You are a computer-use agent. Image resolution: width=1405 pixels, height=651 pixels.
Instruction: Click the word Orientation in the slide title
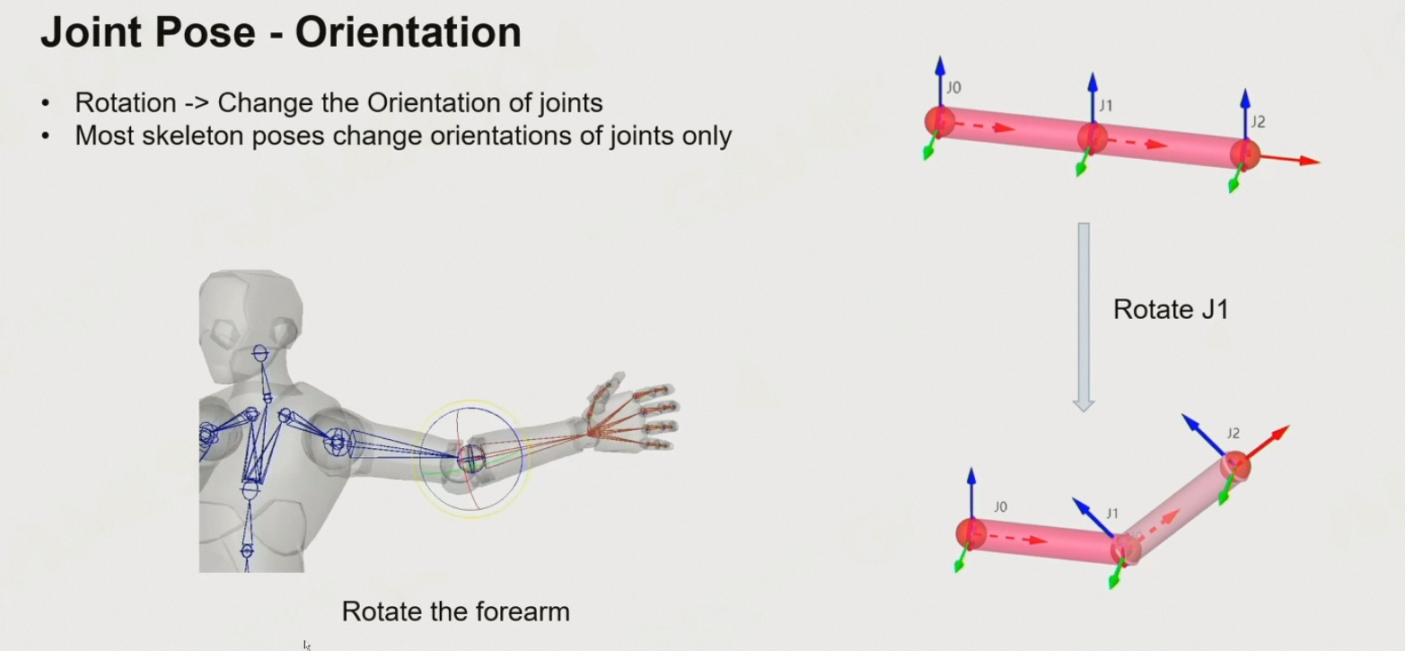[408, 33]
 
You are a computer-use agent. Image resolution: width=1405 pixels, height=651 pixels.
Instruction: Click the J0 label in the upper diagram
[953, 88]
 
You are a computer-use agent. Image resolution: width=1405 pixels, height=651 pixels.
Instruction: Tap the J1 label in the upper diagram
[1106, 106]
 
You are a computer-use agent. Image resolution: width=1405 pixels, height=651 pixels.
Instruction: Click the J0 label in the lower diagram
[1000, 507]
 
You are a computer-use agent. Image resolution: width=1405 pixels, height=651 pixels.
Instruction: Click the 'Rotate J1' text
[1170, 310]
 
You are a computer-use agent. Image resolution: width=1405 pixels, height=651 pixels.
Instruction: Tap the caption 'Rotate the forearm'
[455, 612]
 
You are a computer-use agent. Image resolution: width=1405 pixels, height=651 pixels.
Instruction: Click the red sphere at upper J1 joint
[1092, 137]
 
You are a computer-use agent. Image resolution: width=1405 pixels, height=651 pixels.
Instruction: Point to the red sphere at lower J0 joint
[970, 533]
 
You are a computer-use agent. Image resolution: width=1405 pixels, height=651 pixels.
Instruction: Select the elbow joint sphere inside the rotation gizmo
[471, 458]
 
